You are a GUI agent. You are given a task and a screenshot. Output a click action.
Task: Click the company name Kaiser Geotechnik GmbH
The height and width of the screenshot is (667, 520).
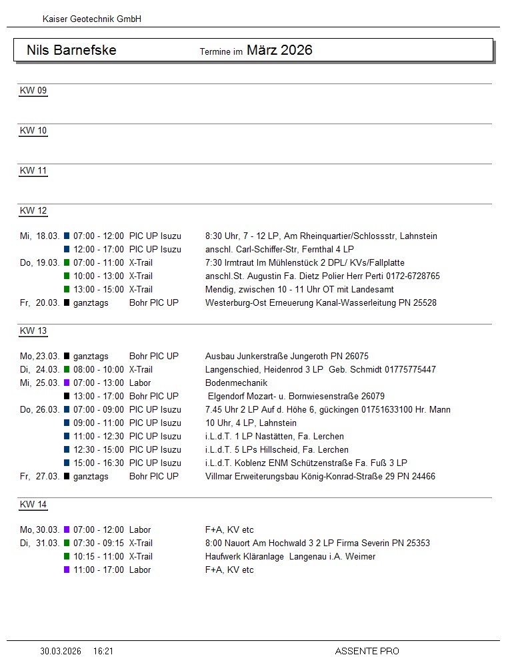point(92,19)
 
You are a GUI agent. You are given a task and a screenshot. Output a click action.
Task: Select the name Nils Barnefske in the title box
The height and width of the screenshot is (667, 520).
point(71,50)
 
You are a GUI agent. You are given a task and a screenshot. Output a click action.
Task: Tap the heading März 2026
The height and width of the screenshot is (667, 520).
point(279,50)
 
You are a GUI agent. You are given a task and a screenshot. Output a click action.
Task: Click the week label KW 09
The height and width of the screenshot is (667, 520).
point(33,91)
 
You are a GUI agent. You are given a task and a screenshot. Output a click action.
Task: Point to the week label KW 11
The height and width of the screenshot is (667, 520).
point(33,171)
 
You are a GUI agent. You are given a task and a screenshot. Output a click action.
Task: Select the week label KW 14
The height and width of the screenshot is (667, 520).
point(33,505)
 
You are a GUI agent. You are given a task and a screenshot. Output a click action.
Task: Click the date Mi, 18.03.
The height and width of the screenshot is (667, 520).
point(40,236)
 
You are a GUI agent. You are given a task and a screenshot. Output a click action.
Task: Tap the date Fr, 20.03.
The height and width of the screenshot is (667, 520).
point(40,303)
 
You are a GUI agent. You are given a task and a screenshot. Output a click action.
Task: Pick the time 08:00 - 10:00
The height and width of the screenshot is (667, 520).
point(99,370)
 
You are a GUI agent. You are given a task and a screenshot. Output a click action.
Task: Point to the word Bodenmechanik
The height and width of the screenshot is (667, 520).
point(236,383)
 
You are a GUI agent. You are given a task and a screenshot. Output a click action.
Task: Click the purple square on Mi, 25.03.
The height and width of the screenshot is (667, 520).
point(67,383)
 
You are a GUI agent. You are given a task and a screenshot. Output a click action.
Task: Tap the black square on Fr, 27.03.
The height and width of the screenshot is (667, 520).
point(67,477)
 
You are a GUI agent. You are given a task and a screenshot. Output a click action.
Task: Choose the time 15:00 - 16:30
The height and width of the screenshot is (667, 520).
point(99,463)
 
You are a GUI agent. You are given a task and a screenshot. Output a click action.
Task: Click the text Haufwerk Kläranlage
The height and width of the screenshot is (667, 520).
point(245,557)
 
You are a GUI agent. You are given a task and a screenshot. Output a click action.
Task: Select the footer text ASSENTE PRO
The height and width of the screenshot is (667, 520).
point(367,651)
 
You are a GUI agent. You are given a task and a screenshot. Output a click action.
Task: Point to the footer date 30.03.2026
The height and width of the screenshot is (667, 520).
point(61,651)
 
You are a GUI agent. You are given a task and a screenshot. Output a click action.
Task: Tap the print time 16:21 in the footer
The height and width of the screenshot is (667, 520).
point(103,651)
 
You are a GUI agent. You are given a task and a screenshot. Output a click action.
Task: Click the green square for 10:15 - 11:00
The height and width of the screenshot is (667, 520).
point(67,557)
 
